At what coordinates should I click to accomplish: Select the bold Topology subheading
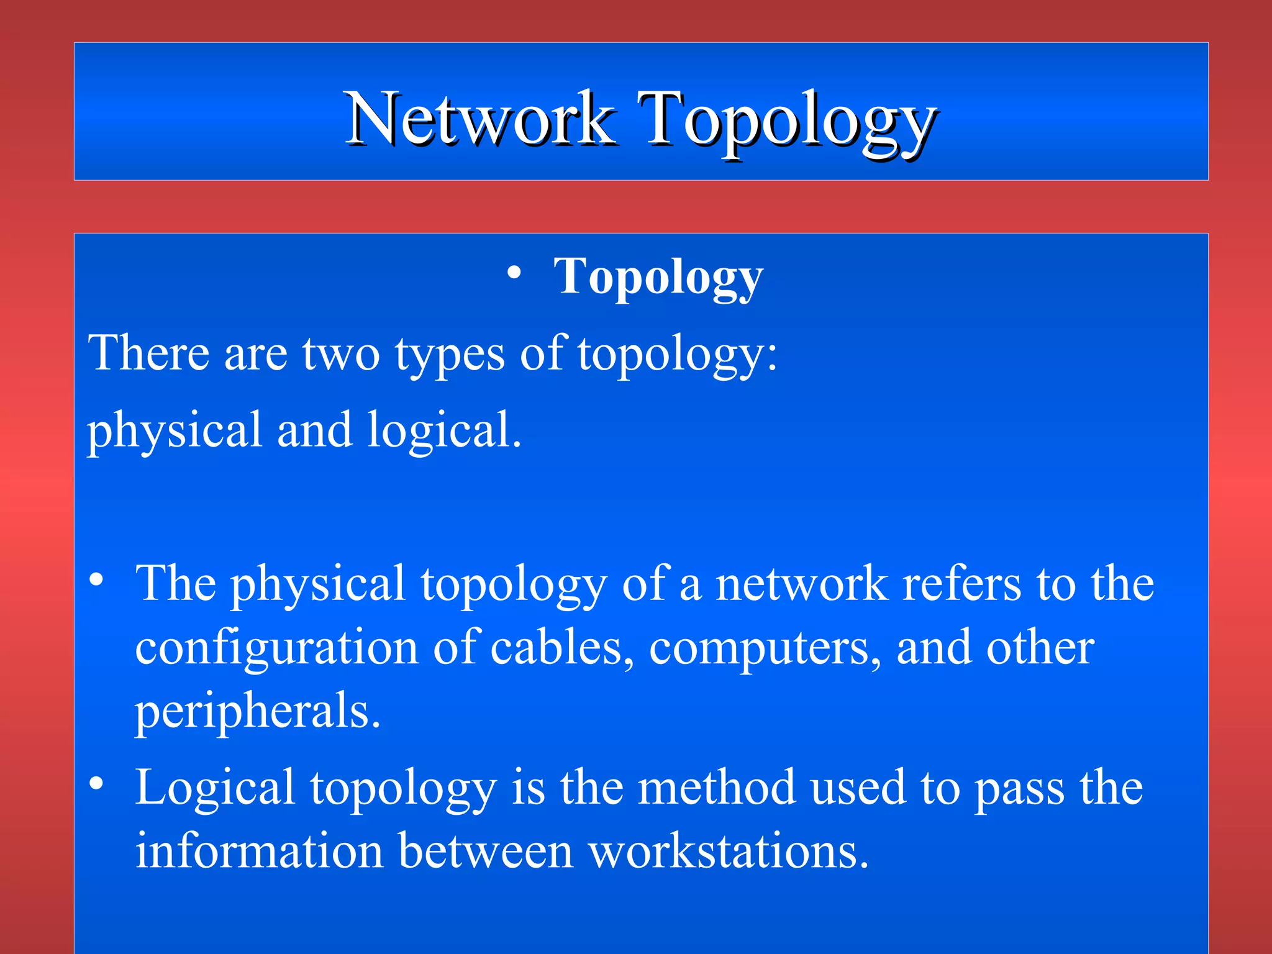tap(658, 277)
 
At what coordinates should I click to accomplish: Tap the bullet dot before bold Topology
tap(514, 273)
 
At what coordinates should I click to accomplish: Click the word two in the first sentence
tap(341, 354)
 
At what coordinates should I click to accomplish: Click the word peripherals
tap(257, 712)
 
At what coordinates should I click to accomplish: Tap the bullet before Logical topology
tap(96, 784)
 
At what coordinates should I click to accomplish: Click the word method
tap(717, 787)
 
